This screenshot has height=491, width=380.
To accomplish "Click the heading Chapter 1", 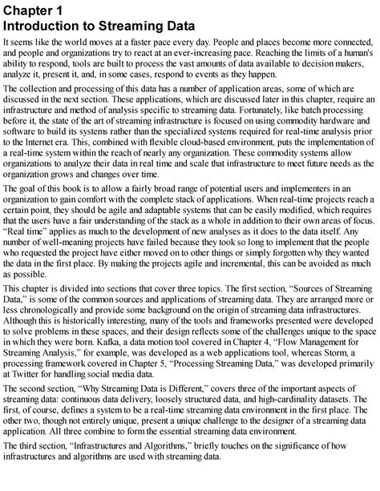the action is (x=34, y=9).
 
